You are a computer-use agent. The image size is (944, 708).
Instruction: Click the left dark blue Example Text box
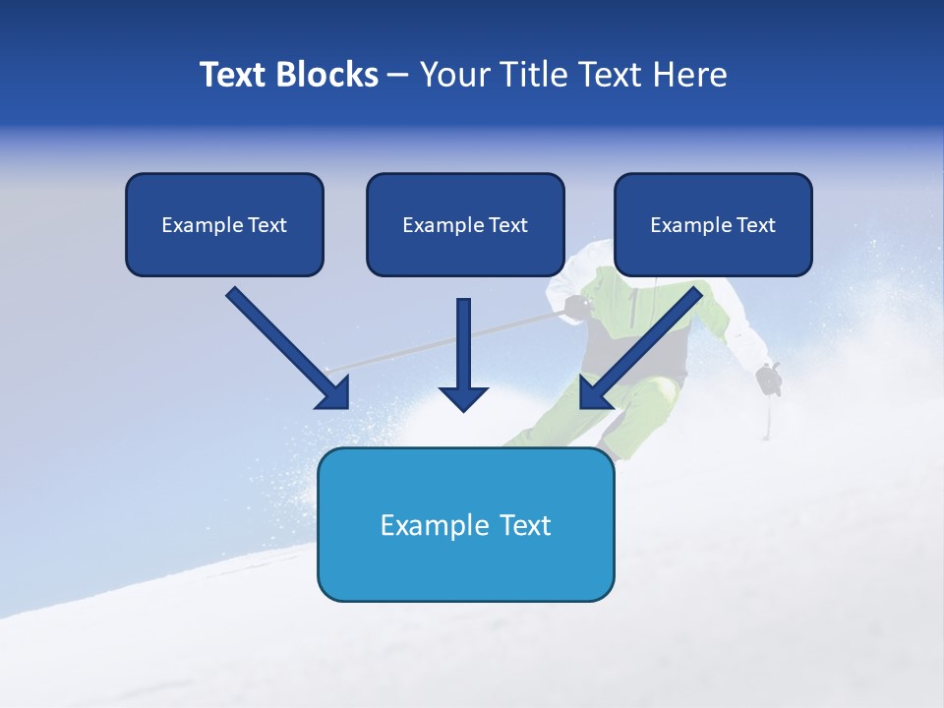(224, 224)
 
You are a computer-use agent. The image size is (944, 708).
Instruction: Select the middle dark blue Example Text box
(465, 224)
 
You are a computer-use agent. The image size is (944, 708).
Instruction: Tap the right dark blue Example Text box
(713, 224)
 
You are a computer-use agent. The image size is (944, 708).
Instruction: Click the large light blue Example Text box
(465, 524)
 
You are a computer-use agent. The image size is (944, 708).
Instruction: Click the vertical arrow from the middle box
(463, 349)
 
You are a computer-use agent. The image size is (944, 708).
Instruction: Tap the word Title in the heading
(532, 75)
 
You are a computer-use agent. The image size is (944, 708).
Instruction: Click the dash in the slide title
(398, 75)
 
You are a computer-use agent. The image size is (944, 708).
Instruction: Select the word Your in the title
(455, 75)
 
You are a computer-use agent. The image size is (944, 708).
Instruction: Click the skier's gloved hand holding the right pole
(769, 378)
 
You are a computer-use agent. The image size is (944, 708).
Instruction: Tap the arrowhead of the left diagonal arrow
(334, 393)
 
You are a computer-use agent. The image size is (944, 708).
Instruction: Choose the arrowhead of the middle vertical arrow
(463, 398)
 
